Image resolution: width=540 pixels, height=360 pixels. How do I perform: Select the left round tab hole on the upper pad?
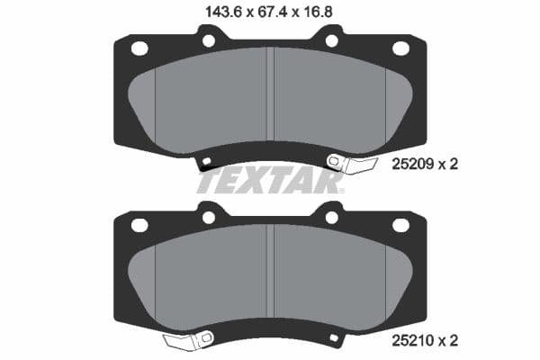pos(209,40)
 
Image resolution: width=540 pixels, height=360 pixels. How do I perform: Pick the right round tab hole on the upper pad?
pos(331,40)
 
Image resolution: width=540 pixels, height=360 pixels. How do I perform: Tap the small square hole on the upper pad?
pos(206,163)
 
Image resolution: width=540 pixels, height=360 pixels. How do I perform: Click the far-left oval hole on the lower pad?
pos(139,225)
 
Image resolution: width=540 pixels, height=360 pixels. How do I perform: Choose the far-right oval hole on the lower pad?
pos(402,225)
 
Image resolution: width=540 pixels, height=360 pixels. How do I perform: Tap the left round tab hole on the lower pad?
pos(209,217)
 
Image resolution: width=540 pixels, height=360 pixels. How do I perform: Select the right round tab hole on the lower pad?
pos(331,217)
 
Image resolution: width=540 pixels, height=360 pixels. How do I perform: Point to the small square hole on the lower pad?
pos(334,339)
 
